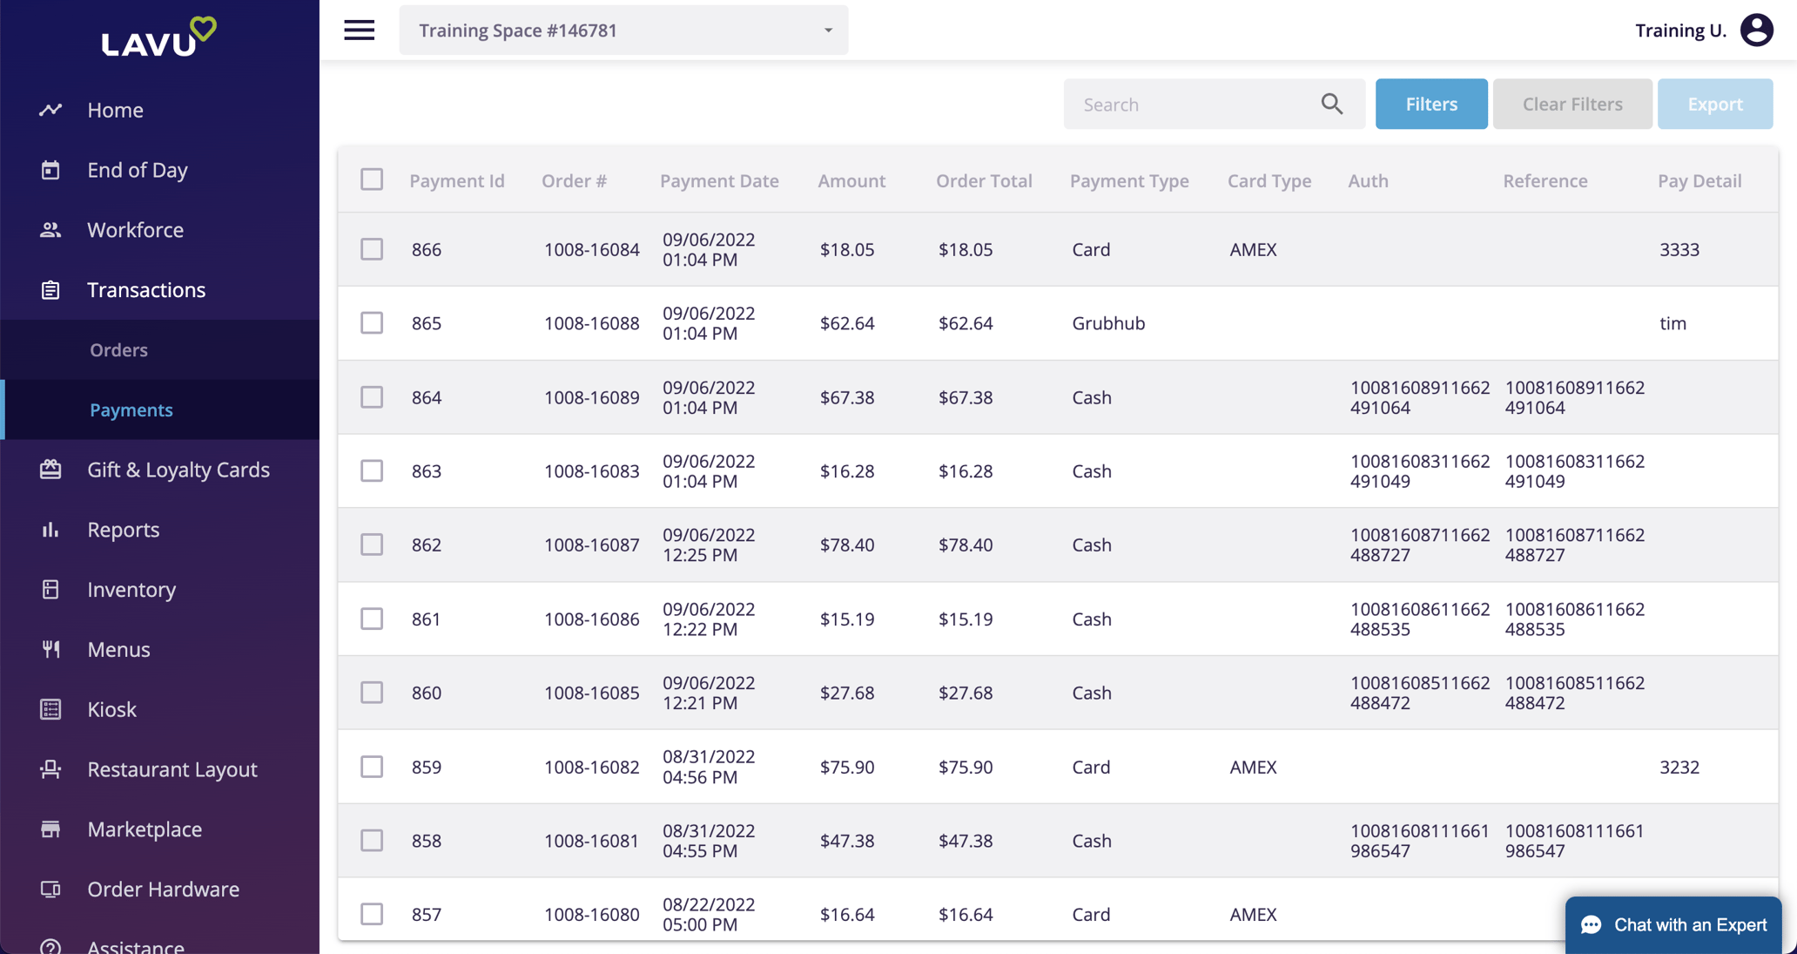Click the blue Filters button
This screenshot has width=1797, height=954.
pos(1430,104)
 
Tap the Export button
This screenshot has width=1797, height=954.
pos(1714,104)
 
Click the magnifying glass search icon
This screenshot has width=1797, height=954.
pos(1331,104)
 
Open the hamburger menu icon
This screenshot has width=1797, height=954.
pos(359,30)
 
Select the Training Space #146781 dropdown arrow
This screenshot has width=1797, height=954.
pos(828,30)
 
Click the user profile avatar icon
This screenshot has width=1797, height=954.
pos(1756,30)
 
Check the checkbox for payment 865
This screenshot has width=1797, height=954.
pos(372,323)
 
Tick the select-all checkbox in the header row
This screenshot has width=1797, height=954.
pos(372,179)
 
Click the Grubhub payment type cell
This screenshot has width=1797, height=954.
pos(1108,323)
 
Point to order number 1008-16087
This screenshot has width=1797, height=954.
pos(591,545)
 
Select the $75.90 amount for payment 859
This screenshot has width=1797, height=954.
pos(846,767)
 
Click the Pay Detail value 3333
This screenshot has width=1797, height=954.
pos(1679,249)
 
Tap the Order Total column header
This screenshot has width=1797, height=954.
pos(984,180)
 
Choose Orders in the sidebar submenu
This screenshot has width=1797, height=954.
pos(118,349)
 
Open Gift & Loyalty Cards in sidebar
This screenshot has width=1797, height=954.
pos(178,470)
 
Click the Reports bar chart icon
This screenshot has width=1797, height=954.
pos(50,530)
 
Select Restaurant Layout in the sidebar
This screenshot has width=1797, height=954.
pos(172,769)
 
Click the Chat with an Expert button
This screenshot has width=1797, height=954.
pos(1672,924)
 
